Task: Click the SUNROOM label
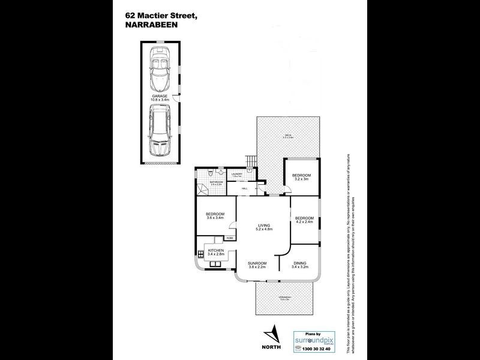257,264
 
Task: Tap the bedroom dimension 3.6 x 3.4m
215,218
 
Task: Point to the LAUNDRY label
236,175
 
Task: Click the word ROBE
230,238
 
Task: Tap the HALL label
245,188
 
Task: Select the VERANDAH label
284,298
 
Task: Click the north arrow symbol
273,332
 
